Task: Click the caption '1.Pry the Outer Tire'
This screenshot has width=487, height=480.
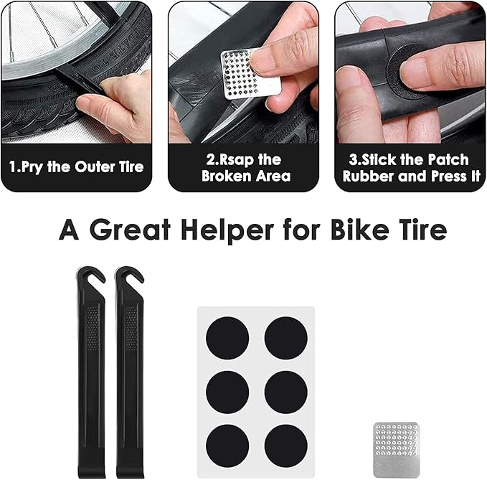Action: (x=76, y=167)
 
